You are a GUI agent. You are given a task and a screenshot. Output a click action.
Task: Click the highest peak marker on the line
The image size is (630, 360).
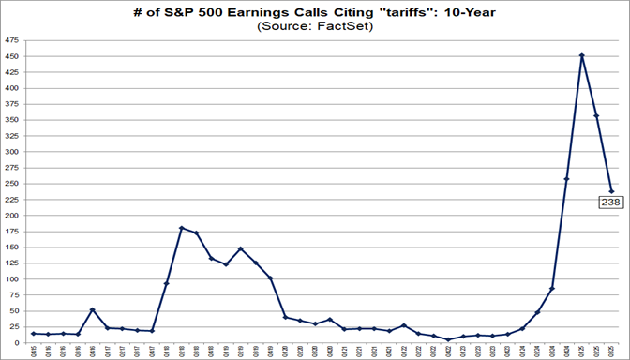582,55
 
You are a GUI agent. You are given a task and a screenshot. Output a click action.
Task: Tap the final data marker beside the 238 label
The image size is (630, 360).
612,191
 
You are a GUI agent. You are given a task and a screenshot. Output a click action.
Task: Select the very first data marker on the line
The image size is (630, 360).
33,333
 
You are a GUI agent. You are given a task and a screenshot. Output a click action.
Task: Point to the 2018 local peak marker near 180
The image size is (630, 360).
181,228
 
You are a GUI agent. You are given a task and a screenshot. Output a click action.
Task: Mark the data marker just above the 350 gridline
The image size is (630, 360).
597,115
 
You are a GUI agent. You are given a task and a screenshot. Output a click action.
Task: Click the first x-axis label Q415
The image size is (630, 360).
33,351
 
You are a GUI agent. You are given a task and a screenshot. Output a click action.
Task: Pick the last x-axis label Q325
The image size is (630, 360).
612,351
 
